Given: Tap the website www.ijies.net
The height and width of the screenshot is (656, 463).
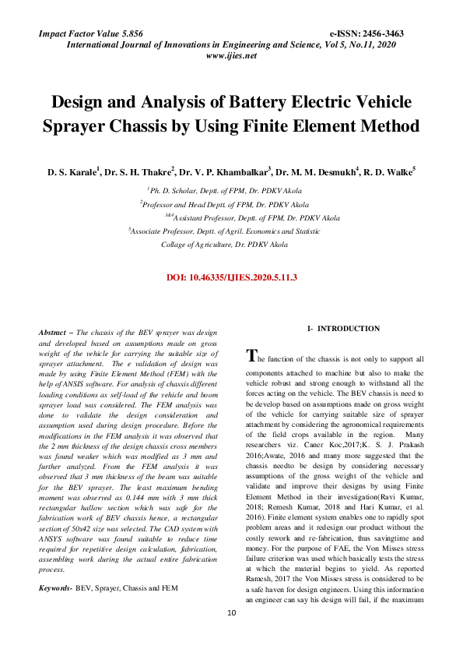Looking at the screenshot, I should pos(231,57).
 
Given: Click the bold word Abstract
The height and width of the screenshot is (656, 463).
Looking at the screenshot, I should pos(54,333).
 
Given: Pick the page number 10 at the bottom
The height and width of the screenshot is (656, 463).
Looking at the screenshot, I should pos(231,636).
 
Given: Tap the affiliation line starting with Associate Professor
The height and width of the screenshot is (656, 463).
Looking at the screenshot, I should pos(224,231).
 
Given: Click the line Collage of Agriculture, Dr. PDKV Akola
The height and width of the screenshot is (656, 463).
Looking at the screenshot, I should pos(224,244).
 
